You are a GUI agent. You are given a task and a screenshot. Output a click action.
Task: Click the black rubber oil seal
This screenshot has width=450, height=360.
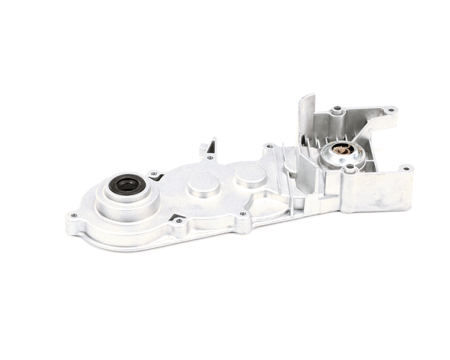[126, 184]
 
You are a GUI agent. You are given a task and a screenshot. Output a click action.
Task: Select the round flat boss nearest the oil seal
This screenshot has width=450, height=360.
[202, 185]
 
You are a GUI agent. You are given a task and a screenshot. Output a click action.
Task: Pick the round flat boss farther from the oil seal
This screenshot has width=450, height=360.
[249, 177]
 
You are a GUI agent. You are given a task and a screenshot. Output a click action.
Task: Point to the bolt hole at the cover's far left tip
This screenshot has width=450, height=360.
[73, 216]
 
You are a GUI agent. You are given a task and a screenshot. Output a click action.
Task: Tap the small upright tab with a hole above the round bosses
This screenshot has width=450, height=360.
[210, 148]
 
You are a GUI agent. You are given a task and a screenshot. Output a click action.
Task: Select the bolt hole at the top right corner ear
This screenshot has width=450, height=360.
[390, 110]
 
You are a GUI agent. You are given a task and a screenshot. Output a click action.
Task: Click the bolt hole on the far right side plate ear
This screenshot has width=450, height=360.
[406, 169]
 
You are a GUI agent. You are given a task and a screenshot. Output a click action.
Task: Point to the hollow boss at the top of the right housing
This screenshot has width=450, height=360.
[337, 111]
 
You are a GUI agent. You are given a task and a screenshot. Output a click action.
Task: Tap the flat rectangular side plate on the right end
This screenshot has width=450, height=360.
[386, 192]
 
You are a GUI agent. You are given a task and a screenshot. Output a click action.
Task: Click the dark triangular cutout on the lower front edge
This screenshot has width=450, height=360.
[178, 219]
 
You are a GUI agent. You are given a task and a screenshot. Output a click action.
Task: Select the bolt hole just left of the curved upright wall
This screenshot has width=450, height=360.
[268, 147]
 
